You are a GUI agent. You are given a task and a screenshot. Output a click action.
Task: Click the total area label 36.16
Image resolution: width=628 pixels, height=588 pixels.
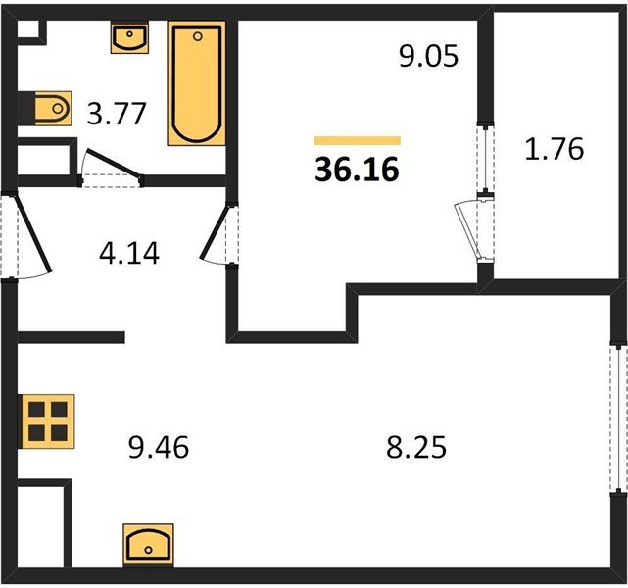pyautogui.click(x=357, y=170)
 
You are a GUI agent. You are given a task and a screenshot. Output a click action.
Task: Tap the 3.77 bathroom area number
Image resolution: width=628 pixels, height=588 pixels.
pyautogui.click(x=117, y=114)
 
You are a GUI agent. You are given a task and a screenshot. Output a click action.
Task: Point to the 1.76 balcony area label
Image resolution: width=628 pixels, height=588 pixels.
pyautogui.click(x=555, y=149)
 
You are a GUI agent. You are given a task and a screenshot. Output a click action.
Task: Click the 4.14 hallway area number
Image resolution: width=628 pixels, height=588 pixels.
pyautogui.click(x=129, y=253)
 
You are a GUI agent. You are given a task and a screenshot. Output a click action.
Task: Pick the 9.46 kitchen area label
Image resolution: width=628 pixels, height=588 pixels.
pyautogui.click(x=159, y=447)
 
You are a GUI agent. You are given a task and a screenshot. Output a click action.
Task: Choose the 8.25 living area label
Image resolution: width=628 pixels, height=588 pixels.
pyautogui.click(x=416, y=447)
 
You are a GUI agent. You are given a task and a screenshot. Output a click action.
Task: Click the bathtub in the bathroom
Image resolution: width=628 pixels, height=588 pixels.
pyautogui.click(x=197, y=83)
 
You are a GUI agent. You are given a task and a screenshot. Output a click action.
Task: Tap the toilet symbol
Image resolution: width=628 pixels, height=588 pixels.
pyautogui.click(x=53, y=108)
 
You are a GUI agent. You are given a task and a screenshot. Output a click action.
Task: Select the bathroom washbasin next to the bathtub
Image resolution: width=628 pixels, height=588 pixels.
pyautogui.click(x=129, y=38)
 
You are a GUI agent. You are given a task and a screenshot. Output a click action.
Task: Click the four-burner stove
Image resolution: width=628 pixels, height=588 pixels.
pyautogui.click(x=48, y=421)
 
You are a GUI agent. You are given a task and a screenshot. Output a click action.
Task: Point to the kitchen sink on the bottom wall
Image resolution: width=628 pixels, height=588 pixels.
pyautogui.click(x=148, y=545)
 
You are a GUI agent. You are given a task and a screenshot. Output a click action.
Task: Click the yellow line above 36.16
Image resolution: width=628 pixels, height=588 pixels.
pyautogui.click(x=358, y=140)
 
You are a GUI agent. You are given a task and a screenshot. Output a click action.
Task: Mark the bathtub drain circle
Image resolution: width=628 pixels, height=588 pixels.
pyautogui.click(x=198, y=37)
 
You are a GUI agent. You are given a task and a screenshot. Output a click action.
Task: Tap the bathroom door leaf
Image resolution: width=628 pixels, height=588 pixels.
pyautogui.click(x=114, y=163)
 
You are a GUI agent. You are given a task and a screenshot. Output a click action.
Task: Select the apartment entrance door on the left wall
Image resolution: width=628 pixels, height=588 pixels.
pyautogui.click(x=33, y=233)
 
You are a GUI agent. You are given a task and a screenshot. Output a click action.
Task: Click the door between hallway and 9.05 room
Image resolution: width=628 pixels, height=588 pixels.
pyautogui.click(x=216, y=232)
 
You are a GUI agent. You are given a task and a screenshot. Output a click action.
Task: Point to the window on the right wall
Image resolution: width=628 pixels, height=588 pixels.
pyautogui.click(x=619, y=416)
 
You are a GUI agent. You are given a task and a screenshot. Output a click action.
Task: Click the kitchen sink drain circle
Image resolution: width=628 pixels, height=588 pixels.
pyautogui.click(x=149, y=550)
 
